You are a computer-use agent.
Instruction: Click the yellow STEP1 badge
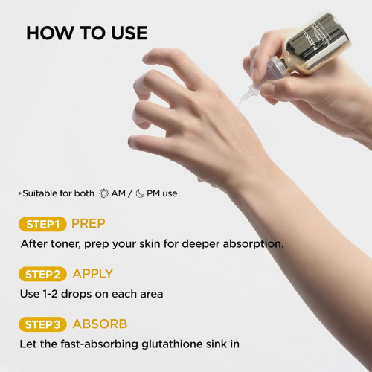click(x=42, y=224)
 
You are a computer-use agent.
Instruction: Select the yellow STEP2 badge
click(x=42, y=275)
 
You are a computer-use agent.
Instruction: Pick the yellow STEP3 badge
click(x=42, y=324)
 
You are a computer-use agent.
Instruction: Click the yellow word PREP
click(x=89, y=223)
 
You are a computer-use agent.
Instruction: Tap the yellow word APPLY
click(x=93, y=274)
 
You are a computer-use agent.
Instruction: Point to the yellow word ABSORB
click(x=100, y=324)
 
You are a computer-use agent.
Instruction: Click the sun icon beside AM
click(x=104, y=193)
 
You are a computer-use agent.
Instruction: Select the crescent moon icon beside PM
click(x=140, y=193)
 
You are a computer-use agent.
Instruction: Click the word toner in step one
click(x=65, y=244)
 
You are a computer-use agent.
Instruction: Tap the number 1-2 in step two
click(x=50, y=294)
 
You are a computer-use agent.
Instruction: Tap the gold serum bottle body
click(x=318, y=42)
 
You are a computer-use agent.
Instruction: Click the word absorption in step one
click(x=253, y=244)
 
